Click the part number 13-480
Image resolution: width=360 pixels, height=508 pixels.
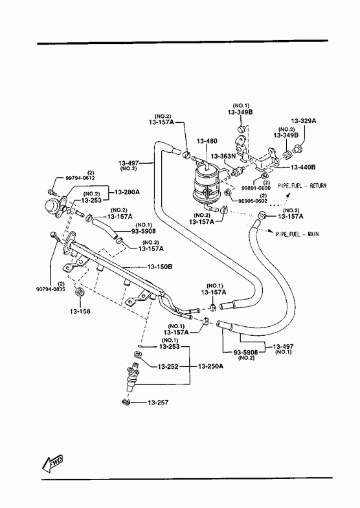[207, 141]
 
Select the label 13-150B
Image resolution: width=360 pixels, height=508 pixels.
[160, 267]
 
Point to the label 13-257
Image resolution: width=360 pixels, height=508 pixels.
[158, 403]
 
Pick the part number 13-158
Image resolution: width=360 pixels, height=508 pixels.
[80, 311]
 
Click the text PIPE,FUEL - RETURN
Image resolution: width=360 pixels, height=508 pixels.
[302, 186]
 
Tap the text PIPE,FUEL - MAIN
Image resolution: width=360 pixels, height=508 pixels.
[297, 234]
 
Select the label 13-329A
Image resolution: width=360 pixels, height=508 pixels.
[304, 121]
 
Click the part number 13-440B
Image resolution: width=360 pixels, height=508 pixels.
[303, 167]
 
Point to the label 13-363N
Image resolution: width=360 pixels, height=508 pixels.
[223, 156]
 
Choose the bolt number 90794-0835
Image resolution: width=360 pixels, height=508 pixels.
[51, 289]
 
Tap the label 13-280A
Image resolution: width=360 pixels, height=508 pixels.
[127, 192]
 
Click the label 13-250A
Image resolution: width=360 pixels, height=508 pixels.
[210, 366]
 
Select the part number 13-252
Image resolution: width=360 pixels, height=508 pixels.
[168, 366]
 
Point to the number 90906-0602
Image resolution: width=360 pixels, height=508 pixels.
[253, 201]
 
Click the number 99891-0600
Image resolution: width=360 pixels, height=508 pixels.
[256, 188]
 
